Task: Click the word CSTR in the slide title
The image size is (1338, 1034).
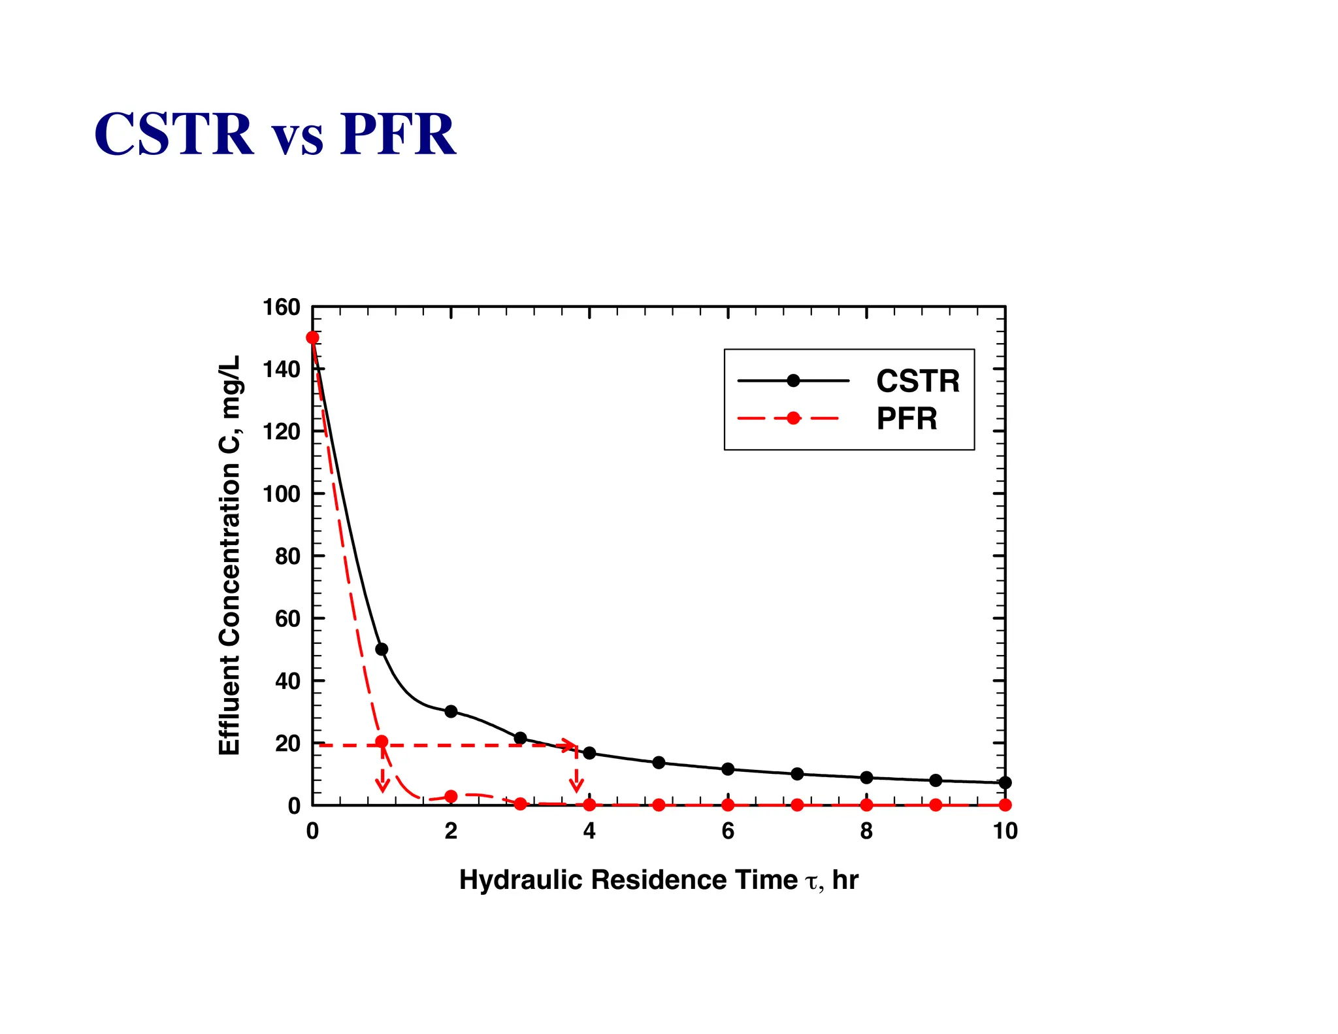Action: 174,135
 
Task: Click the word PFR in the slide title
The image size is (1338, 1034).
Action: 397,135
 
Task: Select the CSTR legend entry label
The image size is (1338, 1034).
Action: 917,381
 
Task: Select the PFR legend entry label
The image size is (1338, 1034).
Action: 906,418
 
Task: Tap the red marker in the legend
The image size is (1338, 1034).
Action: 793,418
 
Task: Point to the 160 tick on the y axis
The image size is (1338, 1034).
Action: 281,307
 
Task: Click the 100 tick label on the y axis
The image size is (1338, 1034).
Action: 281,494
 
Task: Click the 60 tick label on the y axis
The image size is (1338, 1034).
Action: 287,618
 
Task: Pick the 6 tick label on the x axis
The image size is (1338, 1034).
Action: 728,831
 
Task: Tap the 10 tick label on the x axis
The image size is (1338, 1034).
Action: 1005,831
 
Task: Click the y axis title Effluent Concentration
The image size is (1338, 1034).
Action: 230,556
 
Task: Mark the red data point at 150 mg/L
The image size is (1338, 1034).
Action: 313,338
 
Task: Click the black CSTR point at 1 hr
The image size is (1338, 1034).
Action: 382,649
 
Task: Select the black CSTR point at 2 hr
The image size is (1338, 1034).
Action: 451,711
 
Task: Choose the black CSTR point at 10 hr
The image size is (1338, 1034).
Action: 1005,782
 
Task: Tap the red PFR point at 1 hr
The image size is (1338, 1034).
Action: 382,742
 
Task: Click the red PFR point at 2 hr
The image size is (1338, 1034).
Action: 451,796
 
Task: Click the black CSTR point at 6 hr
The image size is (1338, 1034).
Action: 728,769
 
